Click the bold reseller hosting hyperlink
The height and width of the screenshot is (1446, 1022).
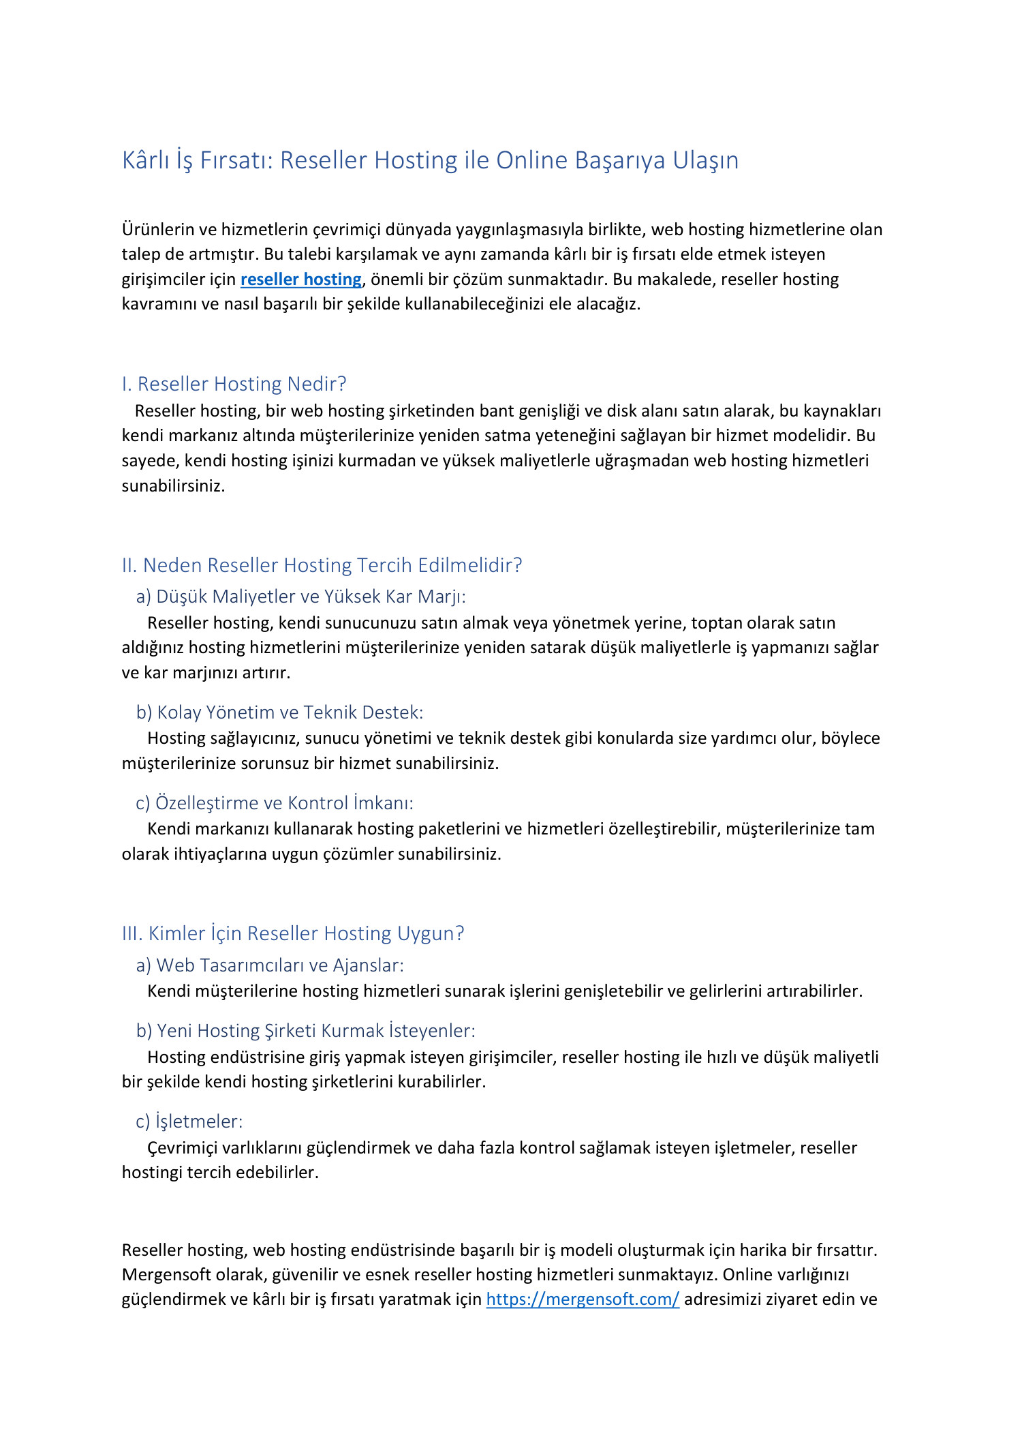pyautogui.click(x=300, y=280)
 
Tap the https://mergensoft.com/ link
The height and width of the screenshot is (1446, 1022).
pyautogui.click(x=583, y=1299)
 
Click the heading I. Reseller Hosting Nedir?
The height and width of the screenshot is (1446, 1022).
pyautogui.click(x=234, y=384)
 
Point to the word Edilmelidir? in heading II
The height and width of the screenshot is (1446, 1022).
pyautogui.click(x=470, y=565)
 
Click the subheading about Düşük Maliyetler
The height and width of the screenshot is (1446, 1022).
pyautogui.click(x=300, y=597)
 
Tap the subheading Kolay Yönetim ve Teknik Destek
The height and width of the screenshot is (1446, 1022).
pyautogui.click(x=279, y=712)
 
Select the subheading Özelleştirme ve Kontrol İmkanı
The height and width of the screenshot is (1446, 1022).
pyautogui.click(x=275, y=803)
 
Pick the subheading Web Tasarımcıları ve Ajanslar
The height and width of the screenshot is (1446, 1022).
pyautogui.click(x=270, y=965)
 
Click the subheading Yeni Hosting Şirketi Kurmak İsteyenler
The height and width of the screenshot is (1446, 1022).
pyautogui.click(x=306, y=1031)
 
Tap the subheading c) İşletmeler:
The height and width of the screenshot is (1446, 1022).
pyautogui.click(x=189, y=1121)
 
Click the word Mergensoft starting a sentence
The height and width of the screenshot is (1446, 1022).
pyautogui.click(x=161, y=1275)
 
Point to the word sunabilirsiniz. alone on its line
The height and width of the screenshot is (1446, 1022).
pyautogui.click(x=173, y=486)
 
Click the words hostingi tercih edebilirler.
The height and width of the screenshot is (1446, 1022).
pyautogui.click(x=220, y=1173)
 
